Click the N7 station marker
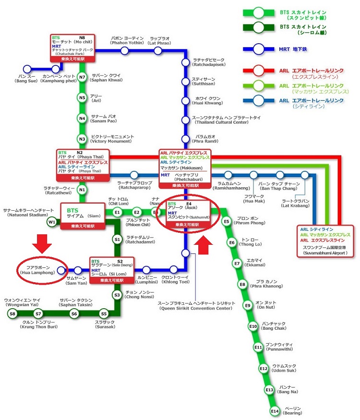click(82, 77)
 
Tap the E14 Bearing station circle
click(275, 411)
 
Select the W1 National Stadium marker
click(51, 222)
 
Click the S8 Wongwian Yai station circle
click(12, 314)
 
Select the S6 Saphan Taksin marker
click(74, 314)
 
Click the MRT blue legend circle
click(259, 48)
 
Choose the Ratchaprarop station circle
click(134, 175)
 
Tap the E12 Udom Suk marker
click(263, 368)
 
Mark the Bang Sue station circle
click(26, 69)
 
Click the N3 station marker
click(82, 139)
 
